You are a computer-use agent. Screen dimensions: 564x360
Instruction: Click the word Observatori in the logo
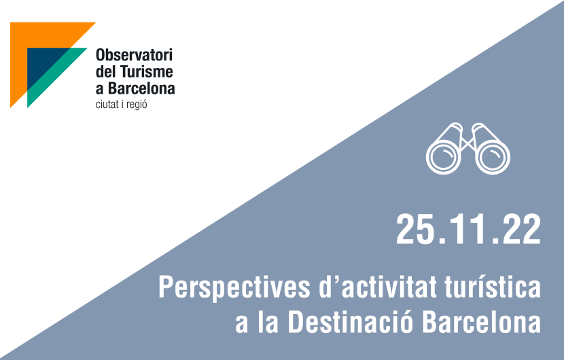click(134, 55)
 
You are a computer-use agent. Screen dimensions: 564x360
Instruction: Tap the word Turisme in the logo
click(146, 71)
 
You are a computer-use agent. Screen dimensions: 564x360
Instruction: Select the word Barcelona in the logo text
click(142, 88)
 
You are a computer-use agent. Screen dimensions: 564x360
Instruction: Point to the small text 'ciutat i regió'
click(121, 105)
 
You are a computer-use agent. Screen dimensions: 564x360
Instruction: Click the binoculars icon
click(468, 149)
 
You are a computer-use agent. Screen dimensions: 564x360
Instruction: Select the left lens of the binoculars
click(443, 157)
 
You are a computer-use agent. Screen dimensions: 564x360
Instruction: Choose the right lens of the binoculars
click(493, 157)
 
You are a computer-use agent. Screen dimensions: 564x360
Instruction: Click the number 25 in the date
click(414, 229)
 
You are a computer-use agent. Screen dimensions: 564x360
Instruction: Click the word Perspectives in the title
click(234, 288)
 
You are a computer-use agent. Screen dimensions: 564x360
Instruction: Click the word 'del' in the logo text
click(105, 71)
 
